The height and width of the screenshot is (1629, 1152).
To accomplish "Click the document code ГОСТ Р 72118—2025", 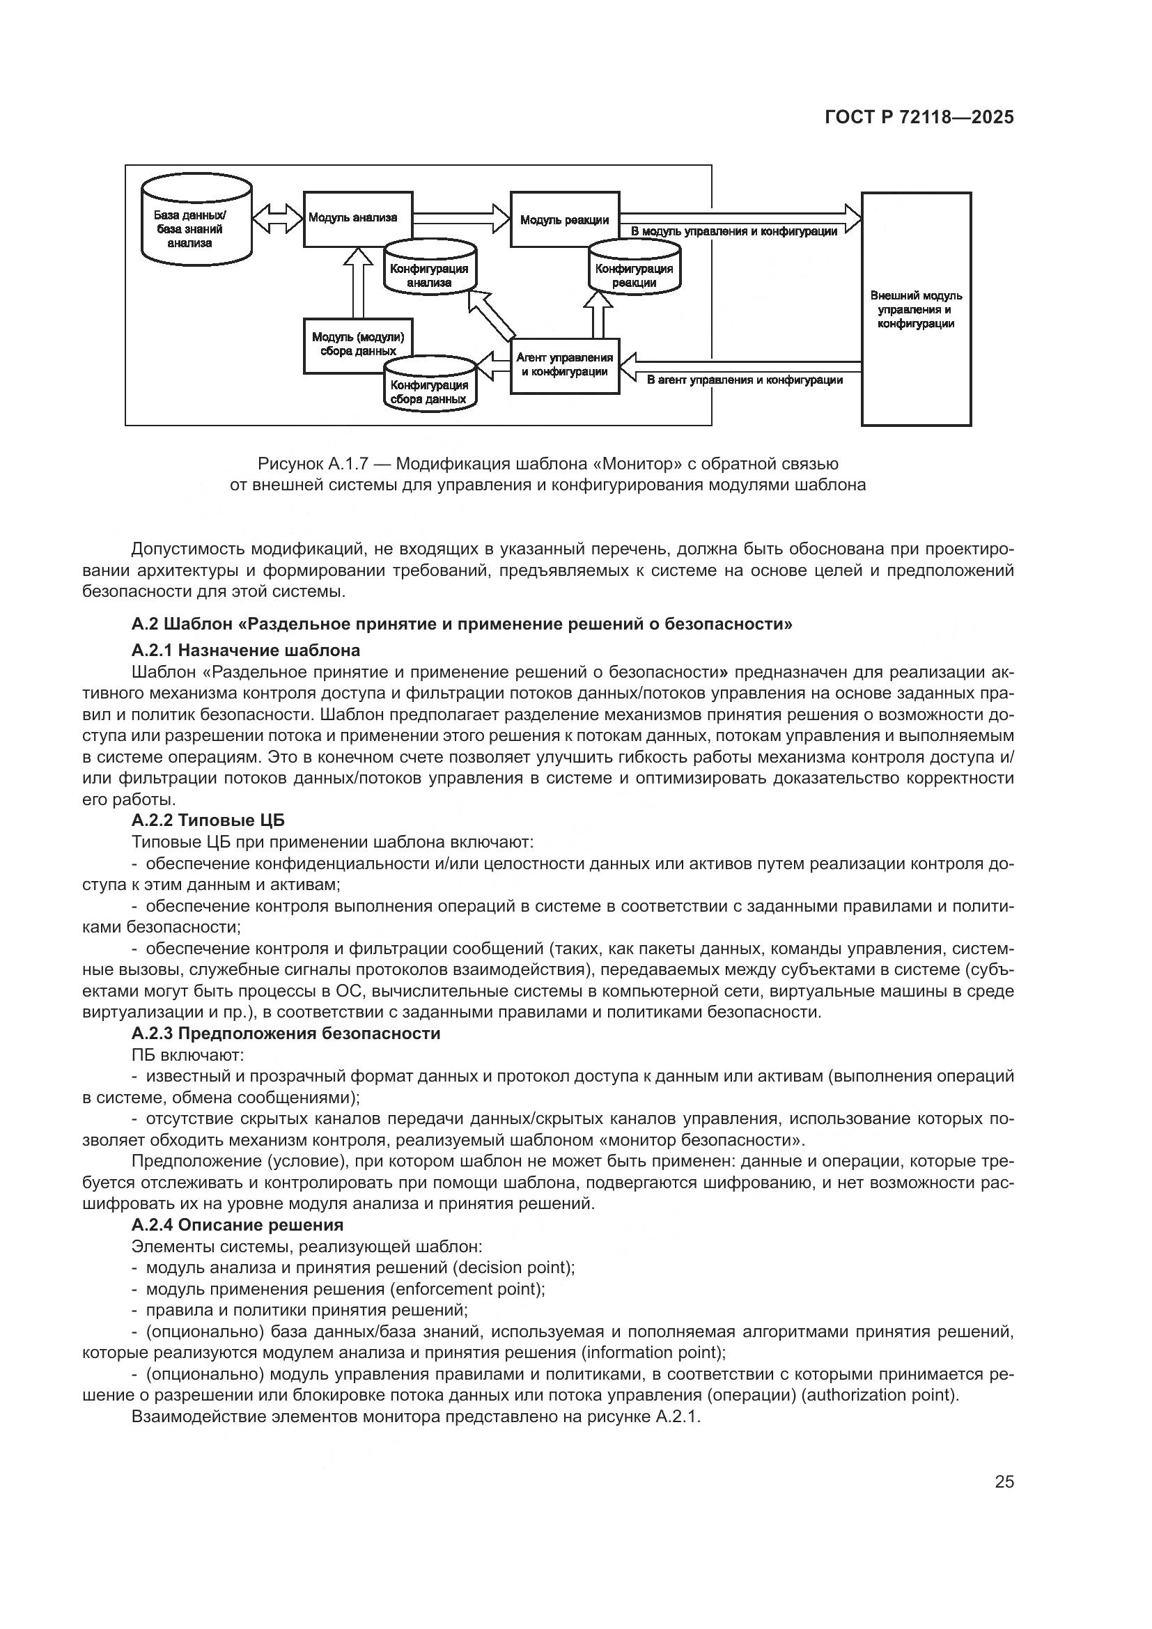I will [x=919, y=118].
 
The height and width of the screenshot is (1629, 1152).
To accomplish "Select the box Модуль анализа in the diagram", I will [x=357, y=219].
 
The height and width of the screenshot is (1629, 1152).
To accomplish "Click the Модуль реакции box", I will [x=565, y=219].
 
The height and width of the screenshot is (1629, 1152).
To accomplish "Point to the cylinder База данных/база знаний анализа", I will [x=196, y=229].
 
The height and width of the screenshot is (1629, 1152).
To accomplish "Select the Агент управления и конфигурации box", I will [x=565, y=366].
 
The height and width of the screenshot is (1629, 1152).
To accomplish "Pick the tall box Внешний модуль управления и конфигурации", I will [x=916, y=309].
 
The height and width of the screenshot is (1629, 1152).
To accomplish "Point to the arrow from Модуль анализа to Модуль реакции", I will [x=462, y=218].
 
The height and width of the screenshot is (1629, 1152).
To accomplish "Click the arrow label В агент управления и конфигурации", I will [x=745, y=380].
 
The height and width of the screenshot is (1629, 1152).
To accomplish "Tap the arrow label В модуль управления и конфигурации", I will [x=733, y=231].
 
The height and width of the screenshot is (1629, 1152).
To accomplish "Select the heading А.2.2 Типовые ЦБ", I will [x=208, y=820].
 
